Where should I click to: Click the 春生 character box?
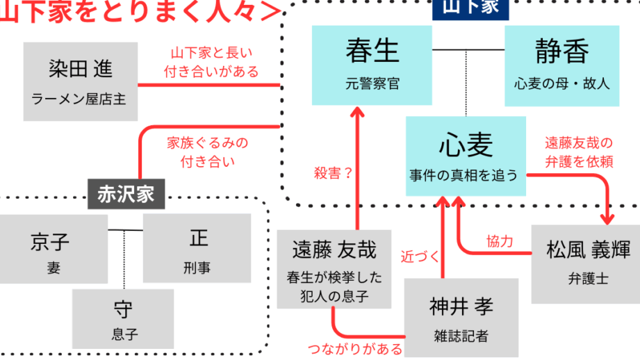(x=372, y=67)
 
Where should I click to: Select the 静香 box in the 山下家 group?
(x=561, y=67)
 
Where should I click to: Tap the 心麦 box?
(x=465, y=156)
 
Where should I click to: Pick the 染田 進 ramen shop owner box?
(x=80, y=81)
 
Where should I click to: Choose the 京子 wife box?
(x=54, y=248)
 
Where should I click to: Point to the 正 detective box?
(x=197, y=248)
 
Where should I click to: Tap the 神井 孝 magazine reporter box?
(x=461, y=316)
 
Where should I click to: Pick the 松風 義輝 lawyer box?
(x=586, y=264)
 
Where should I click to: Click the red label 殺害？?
(x=332, y=174)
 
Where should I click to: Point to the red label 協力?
(x=500, y=241)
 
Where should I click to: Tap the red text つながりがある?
(x=355, y=348)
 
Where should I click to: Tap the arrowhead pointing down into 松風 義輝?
(x=611, y=216)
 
